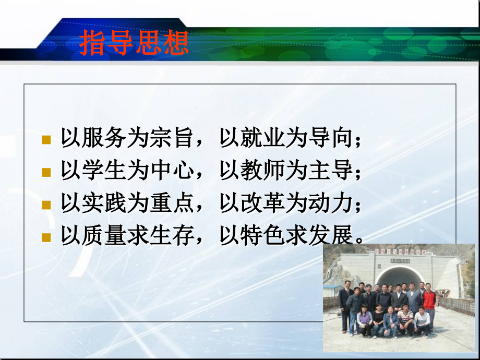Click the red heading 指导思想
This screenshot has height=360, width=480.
134,43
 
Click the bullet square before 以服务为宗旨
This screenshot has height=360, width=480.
46,140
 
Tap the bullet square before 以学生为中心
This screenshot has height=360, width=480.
46,172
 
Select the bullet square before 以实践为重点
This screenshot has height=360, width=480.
46,205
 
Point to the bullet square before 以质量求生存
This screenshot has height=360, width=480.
46,237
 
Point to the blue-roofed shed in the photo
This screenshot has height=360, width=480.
332,290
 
